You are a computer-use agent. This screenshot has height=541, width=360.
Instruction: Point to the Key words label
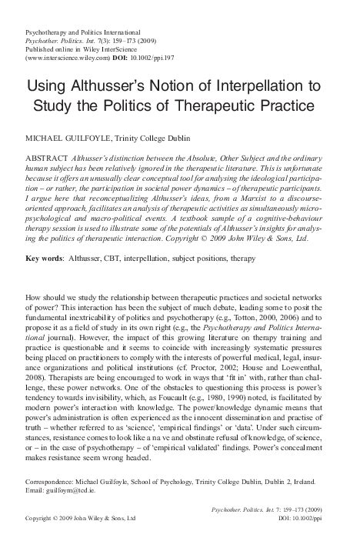coord(48,250)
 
